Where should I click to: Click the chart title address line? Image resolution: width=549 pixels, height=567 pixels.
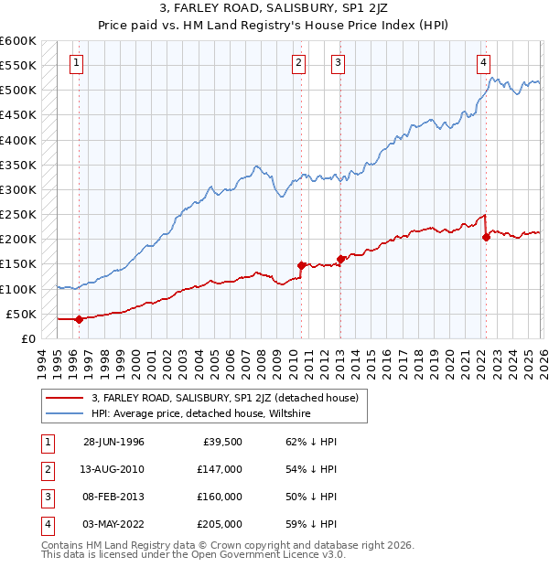coord(274,8)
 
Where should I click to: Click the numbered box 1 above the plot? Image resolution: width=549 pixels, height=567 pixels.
coord(76,63)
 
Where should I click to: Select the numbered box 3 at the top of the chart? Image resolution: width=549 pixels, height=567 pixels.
coord(338,63)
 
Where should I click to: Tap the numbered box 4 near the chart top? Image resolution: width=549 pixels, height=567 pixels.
coord(482,63)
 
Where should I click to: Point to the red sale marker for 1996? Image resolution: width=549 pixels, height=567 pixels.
coord(79,319)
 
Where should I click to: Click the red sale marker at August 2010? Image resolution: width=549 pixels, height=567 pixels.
coord(301,265)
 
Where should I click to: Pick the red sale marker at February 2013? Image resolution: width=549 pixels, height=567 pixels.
coord(340,259)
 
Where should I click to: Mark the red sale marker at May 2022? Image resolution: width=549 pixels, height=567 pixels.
coord(486,237)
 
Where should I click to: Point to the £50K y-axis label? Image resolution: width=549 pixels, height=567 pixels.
coord(22,314)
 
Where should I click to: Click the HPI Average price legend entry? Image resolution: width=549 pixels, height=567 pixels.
coord(201,413)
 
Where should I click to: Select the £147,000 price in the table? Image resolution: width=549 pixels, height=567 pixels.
coord(221,468)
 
